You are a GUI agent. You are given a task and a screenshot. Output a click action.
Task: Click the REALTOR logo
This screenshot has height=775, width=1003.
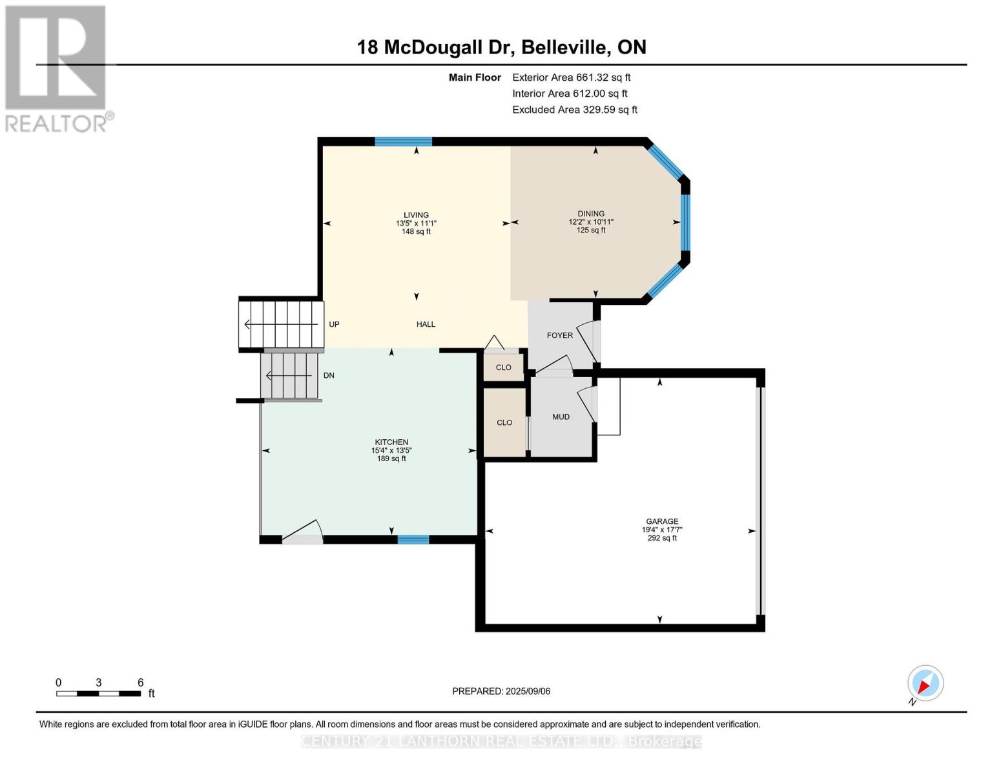(x=57, y=68)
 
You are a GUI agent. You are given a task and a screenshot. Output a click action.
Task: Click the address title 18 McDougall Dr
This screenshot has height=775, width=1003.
(x=501, y=47)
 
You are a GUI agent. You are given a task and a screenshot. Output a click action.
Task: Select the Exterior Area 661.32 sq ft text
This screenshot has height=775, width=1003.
(x=571, y=77)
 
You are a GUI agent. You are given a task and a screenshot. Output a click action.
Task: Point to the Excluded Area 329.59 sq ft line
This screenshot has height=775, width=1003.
(x=574, y=110)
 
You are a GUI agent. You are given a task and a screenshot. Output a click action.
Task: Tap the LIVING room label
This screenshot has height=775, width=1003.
(x=416, y=215)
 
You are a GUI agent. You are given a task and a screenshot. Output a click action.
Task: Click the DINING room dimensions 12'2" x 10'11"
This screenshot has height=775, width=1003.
(x=591, y=222)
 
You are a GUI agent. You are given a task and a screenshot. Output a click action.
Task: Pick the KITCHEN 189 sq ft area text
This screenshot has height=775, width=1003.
(x=391, y=459)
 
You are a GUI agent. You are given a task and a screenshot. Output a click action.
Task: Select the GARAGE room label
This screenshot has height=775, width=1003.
(x=662, y=521)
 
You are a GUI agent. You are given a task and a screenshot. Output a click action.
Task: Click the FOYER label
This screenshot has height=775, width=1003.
(x=559, y=335)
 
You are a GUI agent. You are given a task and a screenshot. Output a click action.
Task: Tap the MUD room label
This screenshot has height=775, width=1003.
(x=561, y=417)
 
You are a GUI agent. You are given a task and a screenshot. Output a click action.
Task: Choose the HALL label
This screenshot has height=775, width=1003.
(x=426, y=324)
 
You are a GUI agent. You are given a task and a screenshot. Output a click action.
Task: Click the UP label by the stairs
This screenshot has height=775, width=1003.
(x=334, y=324)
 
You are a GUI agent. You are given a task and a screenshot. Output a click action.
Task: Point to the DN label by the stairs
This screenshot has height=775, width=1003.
(x=329, y=375)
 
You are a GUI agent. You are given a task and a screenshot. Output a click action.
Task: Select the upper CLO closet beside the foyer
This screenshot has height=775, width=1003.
(x=503, y=367)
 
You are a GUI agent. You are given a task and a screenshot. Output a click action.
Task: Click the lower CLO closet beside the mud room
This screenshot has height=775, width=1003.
(x=504, y=422)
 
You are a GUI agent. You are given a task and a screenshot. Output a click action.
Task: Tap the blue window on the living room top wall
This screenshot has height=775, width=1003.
(x=403, y=142)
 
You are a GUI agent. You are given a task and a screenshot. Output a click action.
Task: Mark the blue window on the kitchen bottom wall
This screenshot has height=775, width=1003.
(x=413, y=540)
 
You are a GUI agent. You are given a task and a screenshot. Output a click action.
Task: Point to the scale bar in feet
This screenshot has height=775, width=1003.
(x=99, y=694)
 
